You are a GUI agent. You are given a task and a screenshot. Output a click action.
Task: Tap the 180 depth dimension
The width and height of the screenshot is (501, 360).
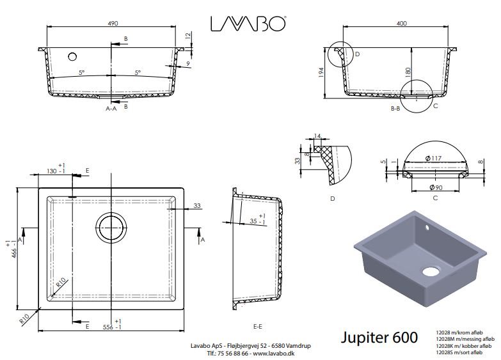(406, 72)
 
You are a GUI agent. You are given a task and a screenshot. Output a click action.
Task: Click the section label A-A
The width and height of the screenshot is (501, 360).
(111, 109)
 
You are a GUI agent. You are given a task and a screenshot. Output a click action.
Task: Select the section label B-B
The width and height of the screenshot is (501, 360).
(395, 109)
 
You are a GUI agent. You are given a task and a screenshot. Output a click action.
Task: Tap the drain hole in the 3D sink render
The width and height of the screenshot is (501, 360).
(431, 270)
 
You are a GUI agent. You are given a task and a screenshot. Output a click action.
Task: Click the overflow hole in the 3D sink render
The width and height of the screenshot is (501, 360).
(428, 226)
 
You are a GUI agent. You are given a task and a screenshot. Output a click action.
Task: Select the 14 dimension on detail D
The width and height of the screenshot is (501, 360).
(317, 136)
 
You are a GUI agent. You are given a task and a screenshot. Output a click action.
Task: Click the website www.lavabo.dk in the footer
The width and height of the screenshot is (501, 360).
(278, 352)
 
